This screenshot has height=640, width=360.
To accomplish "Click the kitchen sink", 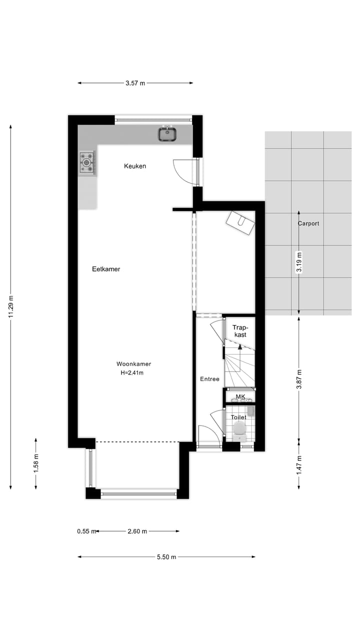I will [168, 134].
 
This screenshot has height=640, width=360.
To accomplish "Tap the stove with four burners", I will [87, 162].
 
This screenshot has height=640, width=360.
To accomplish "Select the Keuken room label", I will [135, 166].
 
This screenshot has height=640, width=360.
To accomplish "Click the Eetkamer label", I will [106, 269].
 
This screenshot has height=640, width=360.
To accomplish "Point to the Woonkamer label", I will [134, 364].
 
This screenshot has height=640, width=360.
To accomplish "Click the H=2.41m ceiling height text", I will [132, 372].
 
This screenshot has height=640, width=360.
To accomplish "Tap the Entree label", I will [209, 379].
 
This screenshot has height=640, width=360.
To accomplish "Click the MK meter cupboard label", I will [240, 397].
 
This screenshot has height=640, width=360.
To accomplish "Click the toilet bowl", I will [239, 428].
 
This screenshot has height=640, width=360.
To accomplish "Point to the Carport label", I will [308, 223].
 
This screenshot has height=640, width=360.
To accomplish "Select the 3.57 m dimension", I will [135, 83].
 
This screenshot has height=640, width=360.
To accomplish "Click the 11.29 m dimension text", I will [10, 308].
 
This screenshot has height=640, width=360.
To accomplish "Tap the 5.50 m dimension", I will [166, 557].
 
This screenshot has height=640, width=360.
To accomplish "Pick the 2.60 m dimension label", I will [137, 531].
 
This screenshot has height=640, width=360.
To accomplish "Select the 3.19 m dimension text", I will [299, 262].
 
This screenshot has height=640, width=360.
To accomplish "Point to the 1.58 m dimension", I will [36, 463].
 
